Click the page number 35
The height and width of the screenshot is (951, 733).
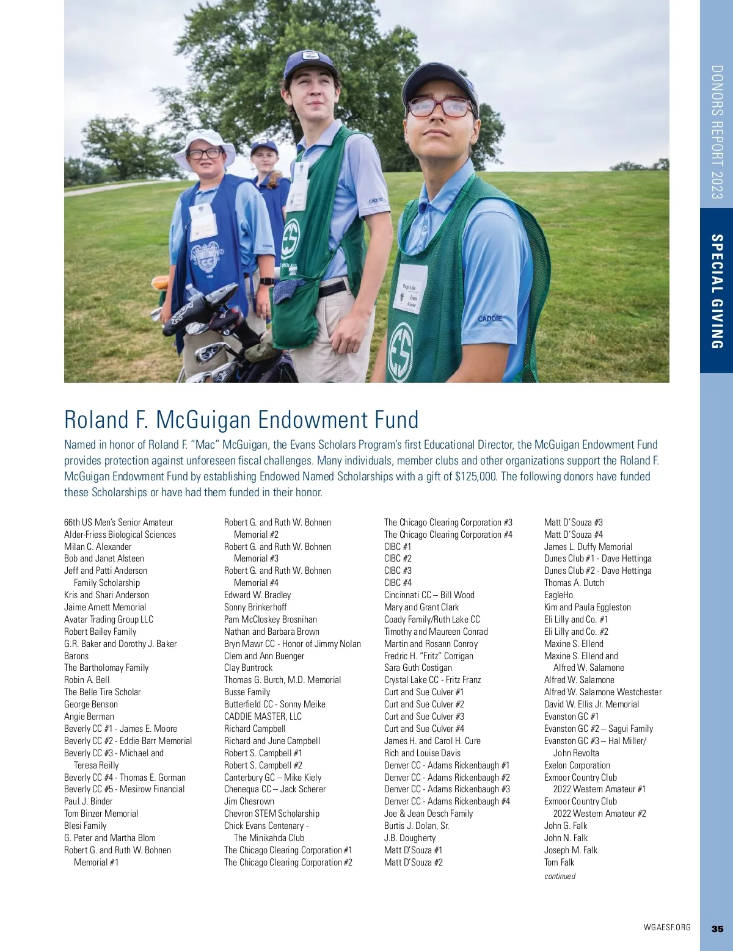(717, 928)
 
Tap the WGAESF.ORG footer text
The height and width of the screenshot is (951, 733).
(667, 927)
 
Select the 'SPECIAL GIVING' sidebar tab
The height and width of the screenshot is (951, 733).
(717, 291)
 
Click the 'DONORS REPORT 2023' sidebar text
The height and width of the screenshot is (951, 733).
(717, 132)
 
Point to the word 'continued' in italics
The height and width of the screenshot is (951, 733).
(560, 876)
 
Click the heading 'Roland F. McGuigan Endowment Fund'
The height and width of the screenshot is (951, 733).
(241, 420)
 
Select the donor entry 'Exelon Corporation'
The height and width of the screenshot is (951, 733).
(577, 765)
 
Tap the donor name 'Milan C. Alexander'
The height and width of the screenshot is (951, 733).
(98, 546)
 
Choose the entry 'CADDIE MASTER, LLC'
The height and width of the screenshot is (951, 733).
(263, 716)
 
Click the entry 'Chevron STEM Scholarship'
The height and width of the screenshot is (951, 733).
(271, 813)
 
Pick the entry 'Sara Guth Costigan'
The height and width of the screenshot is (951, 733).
(418, 667)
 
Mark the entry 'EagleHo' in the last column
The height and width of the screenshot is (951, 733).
(558, 595)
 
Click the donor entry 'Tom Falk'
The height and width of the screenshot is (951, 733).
(559, 862)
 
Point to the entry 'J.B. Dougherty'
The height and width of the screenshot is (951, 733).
(410, 837)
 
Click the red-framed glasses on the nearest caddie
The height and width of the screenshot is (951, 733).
(440, 107)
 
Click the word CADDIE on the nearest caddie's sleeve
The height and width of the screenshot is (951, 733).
(490, 319)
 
